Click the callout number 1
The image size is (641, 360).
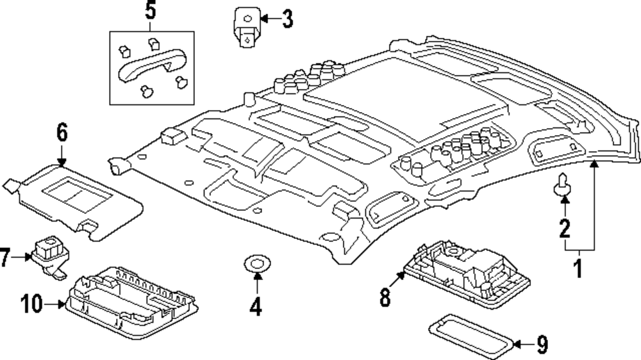click(x=578, y=268)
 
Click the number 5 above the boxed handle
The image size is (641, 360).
click(x=149, y=11)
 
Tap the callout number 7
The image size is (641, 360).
click(x=6, y=258)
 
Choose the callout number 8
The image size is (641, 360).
click(x=385, y=297)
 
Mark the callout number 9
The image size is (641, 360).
click(x=542, y=346)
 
